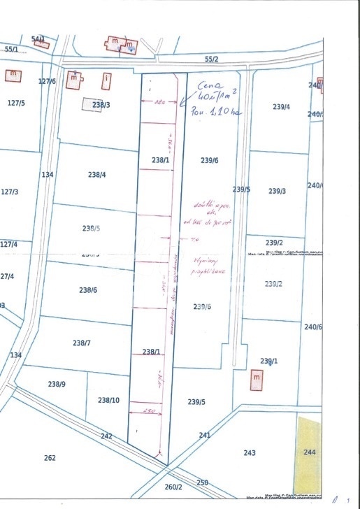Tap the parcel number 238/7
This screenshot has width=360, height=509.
coord(82,343)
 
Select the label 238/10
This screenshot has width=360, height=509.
coord(108,400)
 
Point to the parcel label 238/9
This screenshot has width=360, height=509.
coord(57,384)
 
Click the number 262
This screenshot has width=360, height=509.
coord(50,458)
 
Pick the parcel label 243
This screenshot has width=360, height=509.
coord(250,452)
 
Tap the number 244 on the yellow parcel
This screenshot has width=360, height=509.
coord(310,452)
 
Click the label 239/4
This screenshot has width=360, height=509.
coord(281,107)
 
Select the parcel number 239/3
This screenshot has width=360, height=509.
coord(277,191)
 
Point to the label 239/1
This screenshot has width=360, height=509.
coord(269,361)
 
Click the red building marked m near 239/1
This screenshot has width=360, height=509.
coord(257,378)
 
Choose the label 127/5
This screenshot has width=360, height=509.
coord(15,103)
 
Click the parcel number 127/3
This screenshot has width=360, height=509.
coord(9,191)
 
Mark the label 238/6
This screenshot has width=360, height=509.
coord(88,289)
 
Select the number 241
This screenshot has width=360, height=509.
coord(204,435)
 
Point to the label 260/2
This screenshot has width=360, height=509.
coord(173,487)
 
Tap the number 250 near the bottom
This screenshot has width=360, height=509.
coord(202,482)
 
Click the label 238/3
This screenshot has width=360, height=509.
coord(101,106)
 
